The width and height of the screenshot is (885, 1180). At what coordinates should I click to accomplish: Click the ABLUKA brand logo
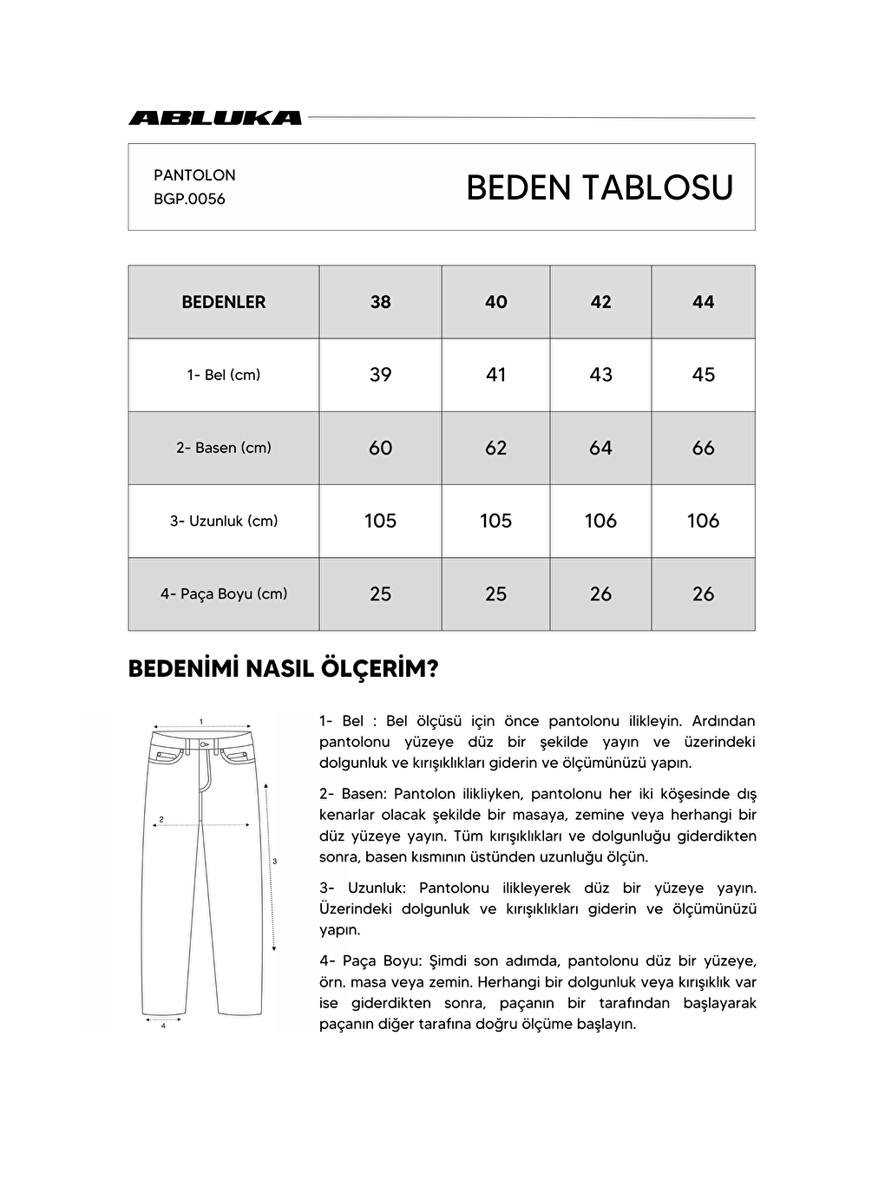(x=215, y=118)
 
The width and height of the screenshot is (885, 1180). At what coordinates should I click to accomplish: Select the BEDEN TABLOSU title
(x=599, y=187)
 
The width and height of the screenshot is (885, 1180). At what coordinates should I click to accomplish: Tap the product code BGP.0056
(x=189, y=199)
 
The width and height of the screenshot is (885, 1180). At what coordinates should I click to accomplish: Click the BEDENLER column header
(x=224, y=302)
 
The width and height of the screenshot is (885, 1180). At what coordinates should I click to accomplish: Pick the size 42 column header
(x=600, y=302)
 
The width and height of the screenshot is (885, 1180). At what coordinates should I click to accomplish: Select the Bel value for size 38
(x=380, y=375)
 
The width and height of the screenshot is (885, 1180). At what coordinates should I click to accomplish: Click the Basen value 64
(x=600, y=448)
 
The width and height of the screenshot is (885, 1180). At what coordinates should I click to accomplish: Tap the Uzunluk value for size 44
(x=703, y=521)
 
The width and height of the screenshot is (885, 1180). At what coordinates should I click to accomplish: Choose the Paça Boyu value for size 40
(x=495, y=594)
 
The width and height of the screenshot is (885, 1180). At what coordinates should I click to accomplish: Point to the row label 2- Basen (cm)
(x=224, y=448)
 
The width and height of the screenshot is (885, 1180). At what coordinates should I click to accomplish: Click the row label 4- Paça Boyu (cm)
(x=224, y=594)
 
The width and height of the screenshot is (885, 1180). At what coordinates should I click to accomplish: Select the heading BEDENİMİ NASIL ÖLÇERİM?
(x=283, y=669)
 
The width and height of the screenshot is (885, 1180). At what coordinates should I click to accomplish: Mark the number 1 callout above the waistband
(x=201, y=721)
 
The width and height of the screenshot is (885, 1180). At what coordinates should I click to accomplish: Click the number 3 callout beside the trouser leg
(x=274, y=862)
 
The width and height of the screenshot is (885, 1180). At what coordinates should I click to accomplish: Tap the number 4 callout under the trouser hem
(x=163, y=1026)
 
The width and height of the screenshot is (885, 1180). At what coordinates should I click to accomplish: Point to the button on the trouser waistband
(x=202, y=744)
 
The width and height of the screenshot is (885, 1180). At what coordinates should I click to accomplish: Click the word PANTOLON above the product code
(x=194, y=175)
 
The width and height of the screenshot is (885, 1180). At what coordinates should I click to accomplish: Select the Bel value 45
(x=703, y=375)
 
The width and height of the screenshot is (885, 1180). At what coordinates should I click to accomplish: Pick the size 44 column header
(x=703, y=302)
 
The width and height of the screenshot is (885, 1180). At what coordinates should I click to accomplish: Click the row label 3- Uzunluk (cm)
(x=224, y=521)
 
